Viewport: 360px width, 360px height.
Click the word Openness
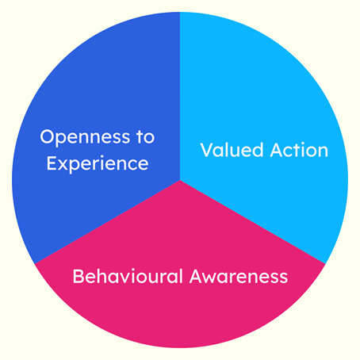click(85, 137)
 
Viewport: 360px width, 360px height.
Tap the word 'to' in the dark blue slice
click(146, 136)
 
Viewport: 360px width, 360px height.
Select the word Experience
click(98, 164)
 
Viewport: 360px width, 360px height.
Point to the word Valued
click(232, 150)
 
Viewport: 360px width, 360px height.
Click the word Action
click(299, 150)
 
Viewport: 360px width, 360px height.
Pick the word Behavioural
click(128, 276)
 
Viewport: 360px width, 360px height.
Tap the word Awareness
click(239, 277)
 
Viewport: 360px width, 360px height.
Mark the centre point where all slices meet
click(180, 180)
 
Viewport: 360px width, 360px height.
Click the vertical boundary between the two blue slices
click(180, 96)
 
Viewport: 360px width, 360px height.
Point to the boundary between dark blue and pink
click(107, 222)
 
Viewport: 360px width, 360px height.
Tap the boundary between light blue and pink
click(253, 222)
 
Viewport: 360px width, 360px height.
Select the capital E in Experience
click(52, 163)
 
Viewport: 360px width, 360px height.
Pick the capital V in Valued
click(208, 150)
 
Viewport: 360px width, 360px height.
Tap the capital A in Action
click(278, 150)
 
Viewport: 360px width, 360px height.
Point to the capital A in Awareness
click(197, 276)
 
